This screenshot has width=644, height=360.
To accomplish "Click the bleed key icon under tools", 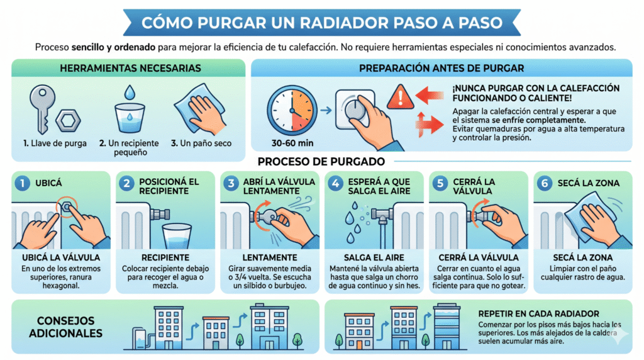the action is point(42,108).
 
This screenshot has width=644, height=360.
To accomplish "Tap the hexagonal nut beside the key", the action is point(68,120).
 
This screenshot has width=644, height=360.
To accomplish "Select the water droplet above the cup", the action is point(130,93).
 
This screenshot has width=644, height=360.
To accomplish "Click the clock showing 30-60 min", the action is point(292,111).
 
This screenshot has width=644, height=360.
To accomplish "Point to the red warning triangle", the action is point(401,97).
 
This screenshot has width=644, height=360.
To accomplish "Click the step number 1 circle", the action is point(23,183).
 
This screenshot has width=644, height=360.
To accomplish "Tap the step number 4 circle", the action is point(336,183).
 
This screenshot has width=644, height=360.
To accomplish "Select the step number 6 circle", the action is point(545,183).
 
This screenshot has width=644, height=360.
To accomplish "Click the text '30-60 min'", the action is point(292,143).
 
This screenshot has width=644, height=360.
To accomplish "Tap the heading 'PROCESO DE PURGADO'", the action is point(321,162).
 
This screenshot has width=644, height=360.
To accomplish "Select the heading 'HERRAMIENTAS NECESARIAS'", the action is point(131,68).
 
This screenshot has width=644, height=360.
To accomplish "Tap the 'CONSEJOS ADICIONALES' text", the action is point(65,327).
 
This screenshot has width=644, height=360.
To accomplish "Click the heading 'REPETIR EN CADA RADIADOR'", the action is point(538,313).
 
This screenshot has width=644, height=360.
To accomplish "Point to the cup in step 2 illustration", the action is point(177,236).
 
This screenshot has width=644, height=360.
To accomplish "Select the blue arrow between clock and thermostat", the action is point(326,110).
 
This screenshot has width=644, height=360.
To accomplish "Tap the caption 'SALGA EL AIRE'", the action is point(374,257).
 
